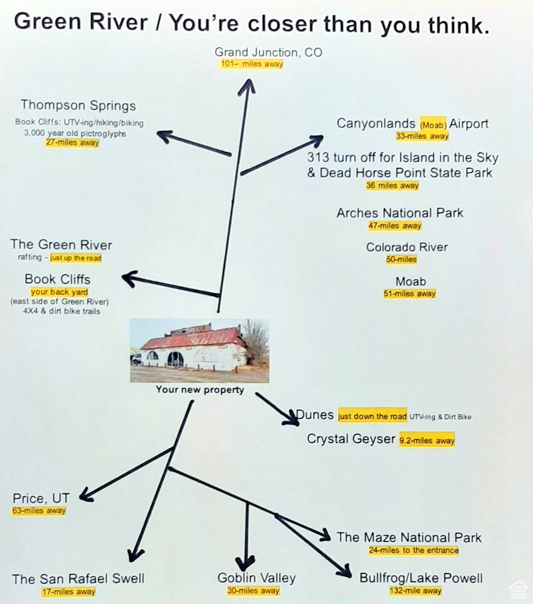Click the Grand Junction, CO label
[x=268, y=52]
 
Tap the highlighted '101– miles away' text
[x=252, y=64]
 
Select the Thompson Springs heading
[x=78, y=105]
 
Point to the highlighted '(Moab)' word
[x=433, y=125]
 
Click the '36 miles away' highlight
[x=392, y=186]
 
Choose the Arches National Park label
[x=400, y=213]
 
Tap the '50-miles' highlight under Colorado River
[x=401, y=260]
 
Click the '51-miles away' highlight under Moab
[x=410, y=294]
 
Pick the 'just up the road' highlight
[x=76, y=258]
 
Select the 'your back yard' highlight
[x=59, y=292]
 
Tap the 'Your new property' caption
[x=200, y=390]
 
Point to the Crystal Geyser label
[x=351, y=439]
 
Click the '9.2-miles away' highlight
[x=427, y=440]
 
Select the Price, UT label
[x=41, y=498]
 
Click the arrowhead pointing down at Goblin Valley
[x=245, y=563]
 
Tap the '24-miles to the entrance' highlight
[x=414, y=551]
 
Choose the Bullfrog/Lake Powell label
[x=421, y=578]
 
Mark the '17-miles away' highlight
[x=69, y=592]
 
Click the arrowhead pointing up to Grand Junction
[x=247, y=87]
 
